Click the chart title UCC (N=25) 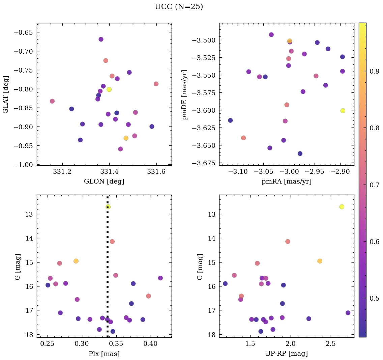179,7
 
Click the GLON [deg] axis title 104,182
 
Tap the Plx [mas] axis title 104,354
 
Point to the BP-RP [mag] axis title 286,354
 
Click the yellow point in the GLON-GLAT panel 109,89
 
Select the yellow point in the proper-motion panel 343,111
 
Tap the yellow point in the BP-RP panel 342,207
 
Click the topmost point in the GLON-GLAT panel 101,39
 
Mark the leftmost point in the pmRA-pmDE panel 230,120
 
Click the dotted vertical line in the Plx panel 108,270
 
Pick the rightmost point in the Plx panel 160,278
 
